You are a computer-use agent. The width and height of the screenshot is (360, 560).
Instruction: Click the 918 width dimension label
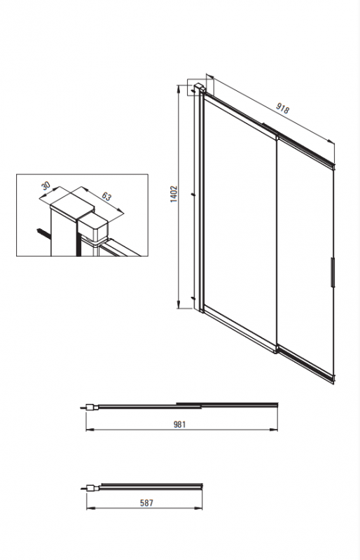point(282,108)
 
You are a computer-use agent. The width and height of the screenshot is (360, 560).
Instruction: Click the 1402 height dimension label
point(174,195)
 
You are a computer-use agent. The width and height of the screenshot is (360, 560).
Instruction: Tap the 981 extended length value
point(180,424)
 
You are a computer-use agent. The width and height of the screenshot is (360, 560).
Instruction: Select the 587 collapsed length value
point(146,503)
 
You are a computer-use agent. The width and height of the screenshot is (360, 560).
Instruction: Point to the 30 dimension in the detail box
point(46,185)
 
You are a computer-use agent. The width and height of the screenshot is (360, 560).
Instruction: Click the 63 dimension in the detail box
point(106,197)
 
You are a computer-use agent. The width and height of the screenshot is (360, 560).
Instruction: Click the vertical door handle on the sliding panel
point(333,272)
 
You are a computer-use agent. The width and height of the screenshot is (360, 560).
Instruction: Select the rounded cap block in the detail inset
point(93,228)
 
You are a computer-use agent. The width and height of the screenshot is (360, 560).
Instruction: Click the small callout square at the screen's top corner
point(200,87)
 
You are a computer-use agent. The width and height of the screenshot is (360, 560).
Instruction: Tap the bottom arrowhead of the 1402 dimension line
point(179,304)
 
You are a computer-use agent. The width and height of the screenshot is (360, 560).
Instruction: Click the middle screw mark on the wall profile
point(193,195)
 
